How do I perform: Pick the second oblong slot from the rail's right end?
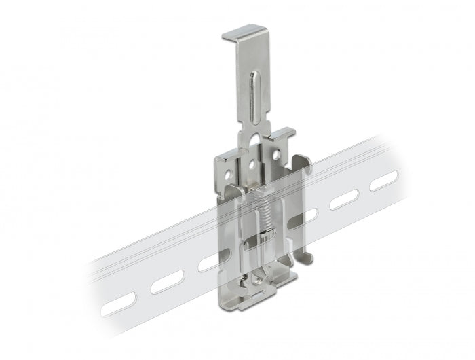click(344, 200)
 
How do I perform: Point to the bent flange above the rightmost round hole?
click(280, 134)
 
